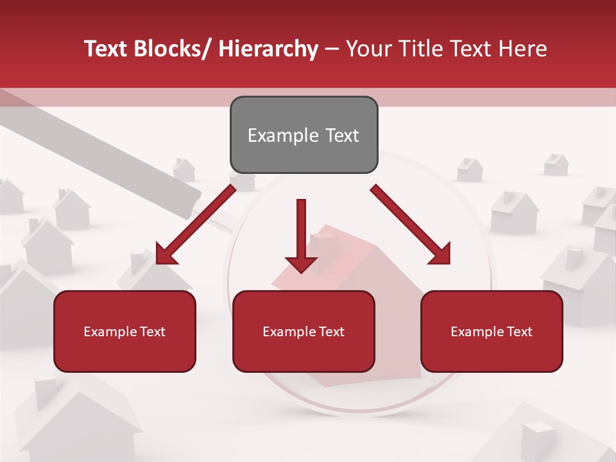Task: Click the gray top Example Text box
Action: [x=304, y=135]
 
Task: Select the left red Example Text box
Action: [x=124, y=331]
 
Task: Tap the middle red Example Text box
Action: [x=304, y=331]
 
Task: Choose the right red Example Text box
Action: [x=492, y=331]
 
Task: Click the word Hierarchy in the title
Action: [x=268, y=49]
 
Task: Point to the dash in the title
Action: [x=332, y=49]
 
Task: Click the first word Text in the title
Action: [x=107, y=49]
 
